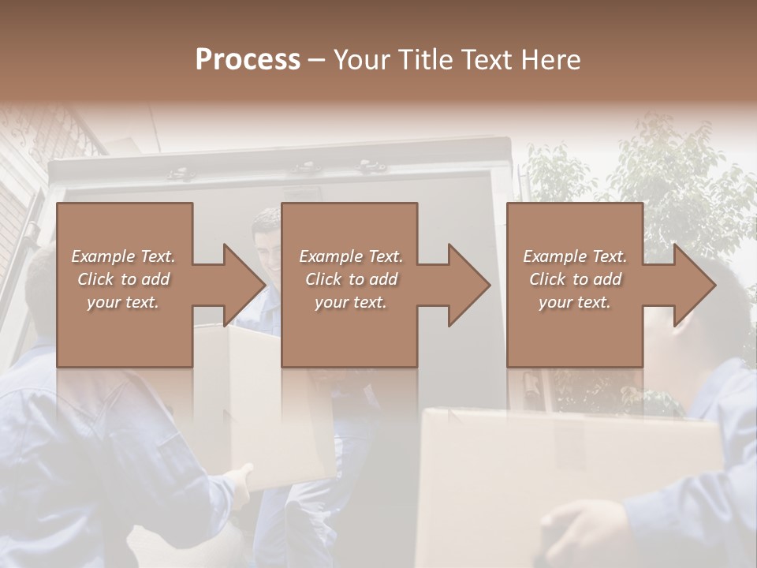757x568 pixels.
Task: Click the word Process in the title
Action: pyautogui.click(x=248, y=60)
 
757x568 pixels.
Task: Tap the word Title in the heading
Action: pyautogui.click(x=424, y=60)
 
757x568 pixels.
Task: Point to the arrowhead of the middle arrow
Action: pyautogui.click(x=469, y=285)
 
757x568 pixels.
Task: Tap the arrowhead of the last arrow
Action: pyautogui.click(x=695, y=285)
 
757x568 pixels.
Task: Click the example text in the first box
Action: pyautogui.click(x=124, y=279)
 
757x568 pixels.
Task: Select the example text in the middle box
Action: pyautogui.click(x=351, y=279)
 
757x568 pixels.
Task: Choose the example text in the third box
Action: pyautogui.click(x=575, y=279)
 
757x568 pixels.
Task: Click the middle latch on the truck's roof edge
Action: pyautogui.click(x=303, y=166)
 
